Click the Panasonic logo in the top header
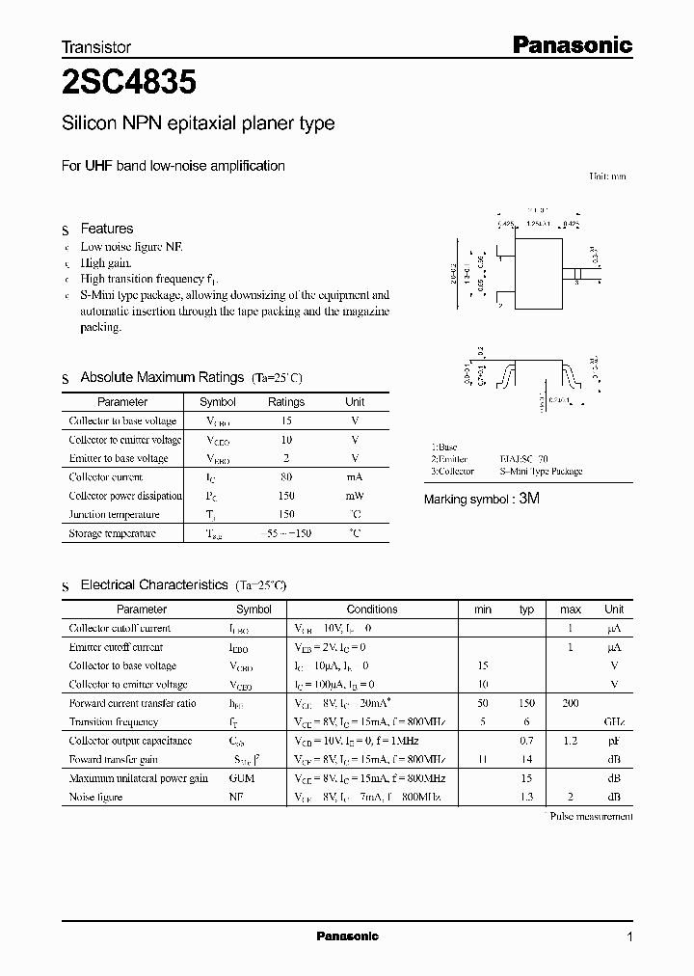(x=571, y=44)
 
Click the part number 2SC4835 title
(x=129, y=84)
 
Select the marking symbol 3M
(x=530, y=500)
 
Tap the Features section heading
(x=106, y=229)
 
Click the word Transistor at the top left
(x=96, y=46)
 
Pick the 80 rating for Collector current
(x=286, y=477)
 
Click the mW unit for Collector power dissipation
(x=355, y=496)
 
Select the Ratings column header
(x=286, y=402)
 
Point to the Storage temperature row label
(x=112, y=533)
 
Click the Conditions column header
(x=372, y=610)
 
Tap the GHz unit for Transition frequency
(x=613, y=722)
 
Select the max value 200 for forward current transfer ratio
(x=571, y=704)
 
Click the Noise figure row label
(x=95, y=798)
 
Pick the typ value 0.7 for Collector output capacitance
(x=526, y=742)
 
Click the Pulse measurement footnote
(x=590, y=817)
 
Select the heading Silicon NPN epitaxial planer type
(x=198, y=123)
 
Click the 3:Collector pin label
(x=452, y=472)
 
